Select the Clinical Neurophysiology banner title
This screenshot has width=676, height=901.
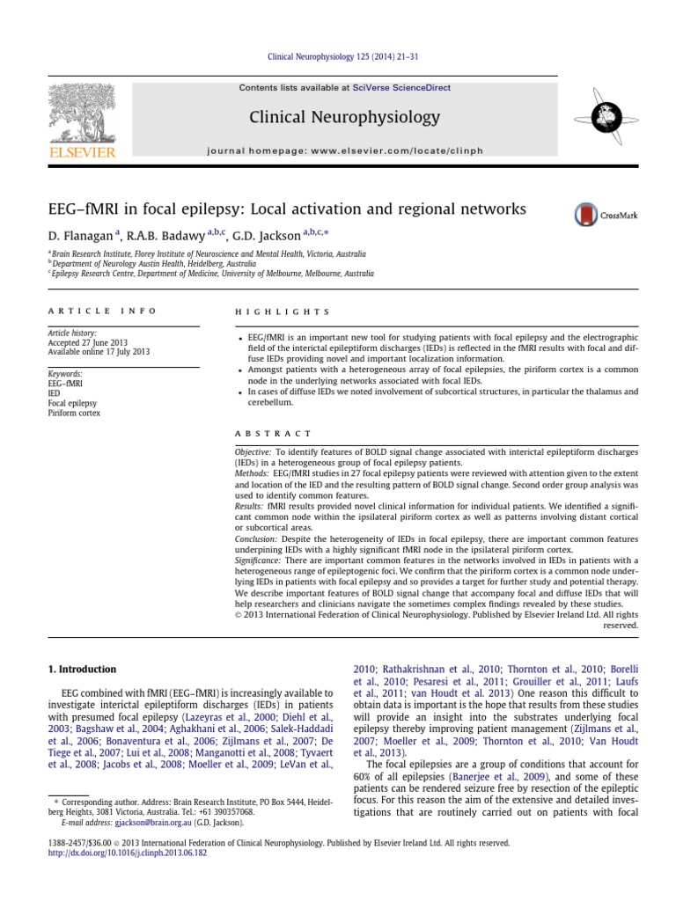tap(344, 117)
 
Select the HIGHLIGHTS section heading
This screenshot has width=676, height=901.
tap(282, 311)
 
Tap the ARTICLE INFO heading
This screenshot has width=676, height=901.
tap(102, 311)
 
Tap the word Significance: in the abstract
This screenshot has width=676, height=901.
tap(264, 560)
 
